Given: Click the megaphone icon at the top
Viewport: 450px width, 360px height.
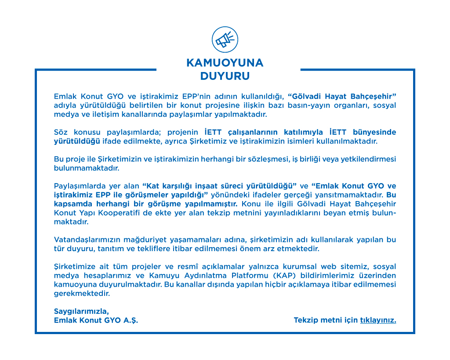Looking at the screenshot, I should [x=225, y=40].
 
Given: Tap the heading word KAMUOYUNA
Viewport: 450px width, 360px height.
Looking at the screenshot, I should [x=225, y=63].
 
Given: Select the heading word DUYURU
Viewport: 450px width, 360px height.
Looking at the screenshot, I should [x=225, y=76].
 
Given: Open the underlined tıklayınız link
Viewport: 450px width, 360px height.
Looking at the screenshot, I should [x=378, y=320].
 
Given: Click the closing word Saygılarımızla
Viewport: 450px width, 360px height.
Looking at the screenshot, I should [x=81, y=311].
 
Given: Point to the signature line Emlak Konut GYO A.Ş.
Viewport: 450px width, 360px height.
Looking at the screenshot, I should [x=96, y=320].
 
